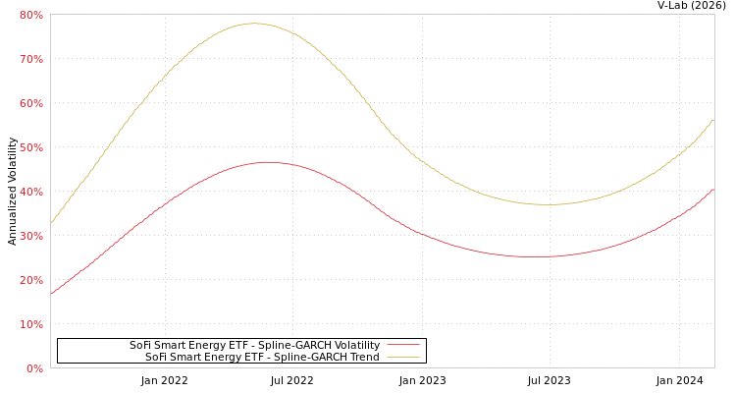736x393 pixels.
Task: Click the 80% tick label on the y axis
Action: (30, 15)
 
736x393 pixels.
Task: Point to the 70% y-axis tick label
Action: (30, 59)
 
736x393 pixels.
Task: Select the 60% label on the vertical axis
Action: (30, 103)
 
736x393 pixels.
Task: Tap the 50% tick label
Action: (30, 147)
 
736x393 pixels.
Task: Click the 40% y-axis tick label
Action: (30, 192)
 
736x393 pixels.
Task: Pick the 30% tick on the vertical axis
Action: (30, 236)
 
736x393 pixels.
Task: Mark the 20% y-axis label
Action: (30, 280)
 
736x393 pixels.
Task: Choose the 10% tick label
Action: (30, 324)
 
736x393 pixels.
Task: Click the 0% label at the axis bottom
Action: (33, 368)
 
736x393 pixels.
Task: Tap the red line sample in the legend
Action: (402, 346)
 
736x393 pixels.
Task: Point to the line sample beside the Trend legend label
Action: (402, 358)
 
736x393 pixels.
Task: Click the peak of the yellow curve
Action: (254, 23)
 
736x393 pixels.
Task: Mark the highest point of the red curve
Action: (266, 162)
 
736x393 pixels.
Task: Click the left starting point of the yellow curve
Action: (51, 223)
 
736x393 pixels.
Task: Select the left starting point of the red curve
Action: (51, 293)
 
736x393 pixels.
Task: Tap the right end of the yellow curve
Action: (713, 120)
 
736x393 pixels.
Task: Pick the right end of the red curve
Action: (713, 189)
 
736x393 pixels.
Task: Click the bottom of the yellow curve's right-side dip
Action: (550, 204)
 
